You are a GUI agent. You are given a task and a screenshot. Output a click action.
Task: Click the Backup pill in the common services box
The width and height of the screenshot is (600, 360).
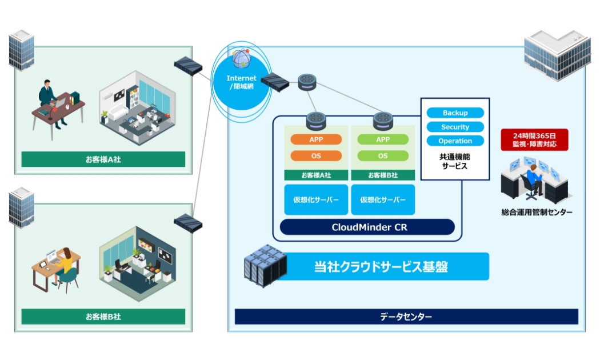[x=455, y=113]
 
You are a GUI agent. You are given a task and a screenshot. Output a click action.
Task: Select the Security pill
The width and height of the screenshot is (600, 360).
[x=455, y=127]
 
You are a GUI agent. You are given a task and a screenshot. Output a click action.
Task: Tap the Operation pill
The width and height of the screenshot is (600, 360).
[x=455, y=141]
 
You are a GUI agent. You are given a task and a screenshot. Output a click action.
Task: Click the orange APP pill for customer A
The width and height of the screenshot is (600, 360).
[x=316, y=139]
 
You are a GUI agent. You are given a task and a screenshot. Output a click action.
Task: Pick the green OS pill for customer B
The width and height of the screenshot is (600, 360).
[x=382, y=155]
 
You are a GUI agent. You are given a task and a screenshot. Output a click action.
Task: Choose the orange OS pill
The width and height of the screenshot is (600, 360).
[x=316, y=155]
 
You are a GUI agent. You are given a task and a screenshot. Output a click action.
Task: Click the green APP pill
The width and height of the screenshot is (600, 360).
[x=382, y=139]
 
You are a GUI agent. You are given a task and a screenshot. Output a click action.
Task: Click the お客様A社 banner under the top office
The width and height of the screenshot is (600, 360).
[x=103, y=159]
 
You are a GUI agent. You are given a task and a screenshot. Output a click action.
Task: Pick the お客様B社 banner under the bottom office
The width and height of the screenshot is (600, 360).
[x=103, y=316]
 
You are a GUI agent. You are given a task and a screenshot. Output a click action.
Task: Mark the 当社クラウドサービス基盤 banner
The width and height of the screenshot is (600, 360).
[x=389, y=266]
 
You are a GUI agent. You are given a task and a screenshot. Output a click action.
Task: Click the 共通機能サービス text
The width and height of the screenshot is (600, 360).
[x=455, y=161]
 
